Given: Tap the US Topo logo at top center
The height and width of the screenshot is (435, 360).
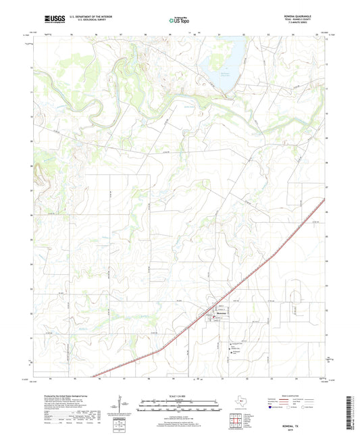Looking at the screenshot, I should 179,21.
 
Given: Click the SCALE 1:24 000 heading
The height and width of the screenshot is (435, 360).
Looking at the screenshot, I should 179,396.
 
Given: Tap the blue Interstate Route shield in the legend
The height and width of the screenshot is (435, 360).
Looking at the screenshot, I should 270,407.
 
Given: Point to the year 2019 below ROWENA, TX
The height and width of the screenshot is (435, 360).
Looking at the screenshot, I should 311,423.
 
